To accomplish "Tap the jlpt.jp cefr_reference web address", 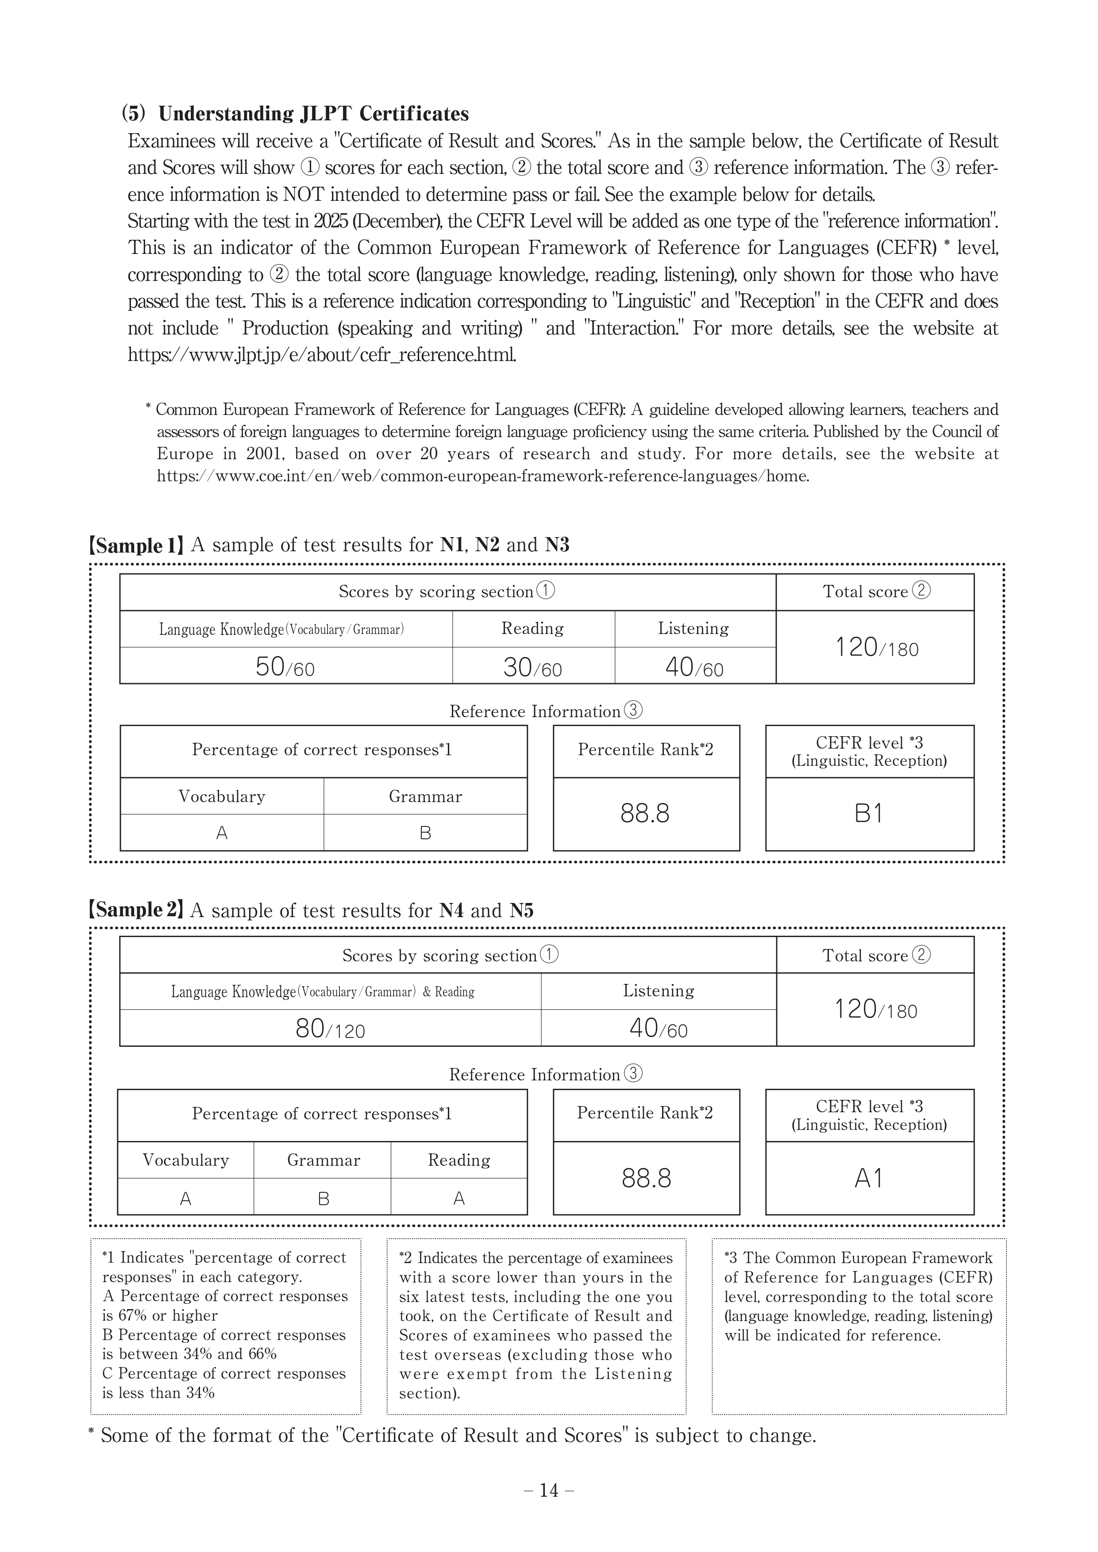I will point(322,355).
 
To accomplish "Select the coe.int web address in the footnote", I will point(483,476).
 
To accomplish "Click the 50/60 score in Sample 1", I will point(285,667).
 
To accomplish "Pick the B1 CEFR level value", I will point(869,813).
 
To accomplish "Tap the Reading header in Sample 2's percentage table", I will point(459,1160).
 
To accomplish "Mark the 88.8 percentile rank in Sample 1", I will point(645,813).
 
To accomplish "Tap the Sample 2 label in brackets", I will point(136,910).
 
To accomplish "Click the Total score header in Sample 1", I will point(875,592).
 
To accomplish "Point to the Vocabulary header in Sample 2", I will point(186,1160).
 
